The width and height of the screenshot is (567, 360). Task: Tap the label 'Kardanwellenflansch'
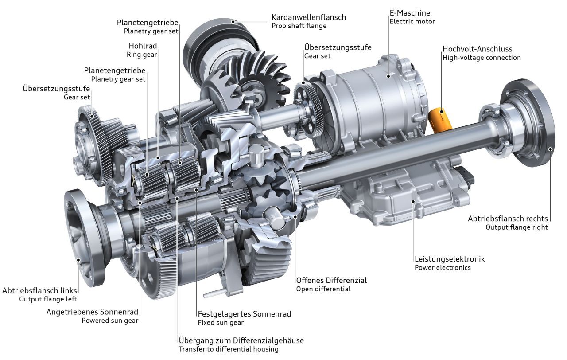308,17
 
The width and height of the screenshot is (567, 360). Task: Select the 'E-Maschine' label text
410,13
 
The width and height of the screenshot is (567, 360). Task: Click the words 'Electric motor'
412,21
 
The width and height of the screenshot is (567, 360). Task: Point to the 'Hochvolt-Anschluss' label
477,49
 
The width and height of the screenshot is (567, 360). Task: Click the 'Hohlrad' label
143,46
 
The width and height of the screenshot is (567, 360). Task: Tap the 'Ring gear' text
142,55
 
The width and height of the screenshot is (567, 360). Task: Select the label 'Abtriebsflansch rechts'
508,219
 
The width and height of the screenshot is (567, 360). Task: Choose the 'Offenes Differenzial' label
331,280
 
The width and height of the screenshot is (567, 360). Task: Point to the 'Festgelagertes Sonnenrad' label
244,314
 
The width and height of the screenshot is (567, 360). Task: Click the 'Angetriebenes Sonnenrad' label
92,312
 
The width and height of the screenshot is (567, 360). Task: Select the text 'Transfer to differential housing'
229,349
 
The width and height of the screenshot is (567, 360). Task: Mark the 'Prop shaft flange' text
299,26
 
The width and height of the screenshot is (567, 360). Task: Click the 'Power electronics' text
443,267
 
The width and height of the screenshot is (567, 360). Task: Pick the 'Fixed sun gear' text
221,322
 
